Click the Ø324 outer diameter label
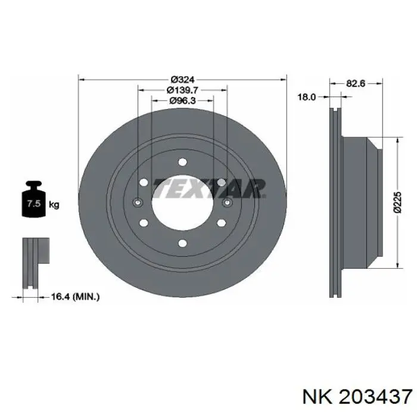point(183,79)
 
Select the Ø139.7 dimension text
point(182,90)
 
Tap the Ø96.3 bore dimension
point(182,101)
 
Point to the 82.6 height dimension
point(356,83)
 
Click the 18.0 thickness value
point(306,97)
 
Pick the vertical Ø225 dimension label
point(397,202)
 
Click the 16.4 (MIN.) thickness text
point(75,297)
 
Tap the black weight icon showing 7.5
point(34,198)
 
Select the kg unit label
point(54,205)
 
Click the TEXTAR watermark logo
point(209,189)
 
